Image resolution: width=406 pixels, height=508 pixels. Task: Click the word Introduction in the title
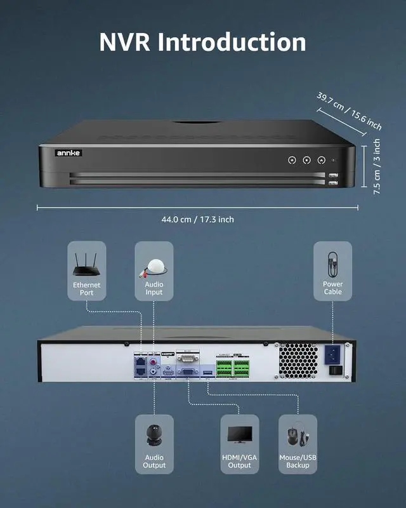click(232, 42)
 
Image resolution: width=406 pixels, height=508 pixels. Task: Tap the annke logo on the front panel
click(65, 152)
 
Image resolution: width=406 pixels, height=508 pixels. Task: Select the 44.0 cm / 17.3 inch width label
click(197, 219)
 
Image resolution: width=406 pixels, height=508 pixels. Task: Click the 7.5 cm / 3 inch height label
click(377, 166)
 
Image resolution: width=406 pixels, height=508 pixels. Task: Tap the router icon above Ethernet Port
click(86, 264)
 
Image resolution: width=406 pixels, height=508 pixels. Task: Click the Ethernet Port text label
click(86, 290)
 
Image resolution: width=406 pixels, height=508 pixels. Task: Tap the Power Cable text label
click(332, 288)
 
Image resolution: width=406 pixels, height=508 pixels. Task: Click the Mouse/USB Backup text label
click(298, 462)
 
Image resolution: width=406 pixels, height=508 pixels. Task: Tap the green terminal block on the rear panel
click(233, 368)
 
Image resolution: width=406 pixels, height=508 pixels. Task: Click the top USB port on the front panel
click(334, 176)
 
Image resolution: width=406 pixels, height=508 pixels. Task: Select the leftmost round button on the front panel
click(291, 161)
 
